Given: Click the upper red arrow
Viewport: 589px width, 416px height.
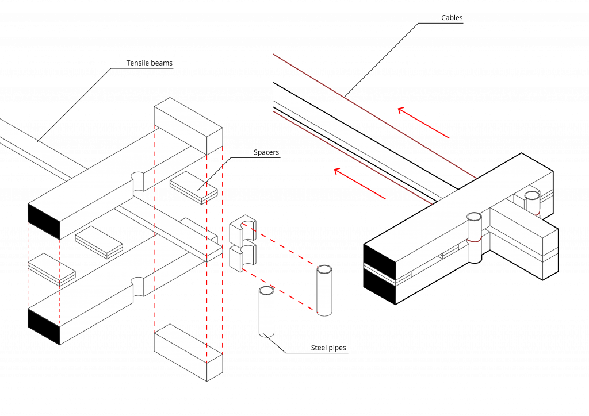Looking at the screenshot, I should tap(423, 123).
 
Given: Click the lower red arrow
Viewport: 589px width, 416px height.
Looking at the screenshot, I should tap(359, 184).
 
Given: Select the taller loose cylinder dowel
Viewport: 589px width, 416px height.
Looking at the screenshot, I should tap(324, 291).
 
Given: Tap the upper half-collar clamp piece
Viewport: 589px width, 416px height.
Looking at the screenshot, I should tap(242, 230).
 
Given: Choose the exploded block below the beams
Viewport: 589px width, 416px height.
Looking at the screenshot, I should tap(188, 352).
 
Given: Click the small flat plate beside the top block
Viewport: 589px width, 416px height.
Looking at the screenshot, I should tap(193, 187).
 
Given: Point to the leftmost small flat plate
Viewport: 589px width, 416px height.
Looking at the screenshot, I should tap(51, 269).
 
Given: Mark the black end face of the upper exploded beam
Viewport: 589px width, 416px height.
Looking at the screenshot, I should tap(44, 221).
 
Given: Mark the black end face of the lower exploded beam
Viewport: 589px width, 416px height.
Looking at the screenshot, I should tap(44, 327).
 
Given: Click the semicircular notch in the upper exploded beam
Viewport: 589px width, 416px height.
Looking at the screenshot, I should tap(138, 180).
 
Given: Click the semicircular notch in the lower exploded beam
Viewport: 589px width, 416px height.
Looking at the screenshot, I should tap(138, 285).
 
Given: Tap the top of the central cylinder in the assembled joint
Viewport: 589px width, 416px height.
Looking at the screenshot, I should tap(474, 217).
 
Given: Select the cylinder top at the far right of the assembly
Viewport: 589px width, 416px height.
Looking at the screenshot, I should tap(532, 195).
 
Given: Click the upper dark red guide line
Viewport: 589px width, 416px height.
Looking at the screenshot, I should tap(374, 115).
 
